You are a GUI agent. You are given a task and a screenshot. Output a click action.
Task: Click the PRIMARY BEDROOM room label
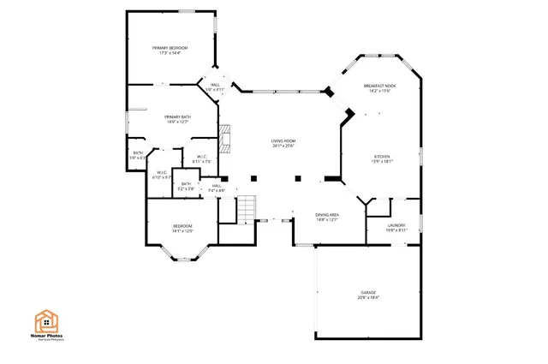pos(170,47)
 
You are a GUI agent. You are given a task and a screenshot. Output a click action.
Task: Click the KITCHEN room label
pos(381,157)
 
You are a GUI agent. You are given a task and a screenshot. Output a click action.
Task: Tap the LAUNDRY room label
pos(384,226)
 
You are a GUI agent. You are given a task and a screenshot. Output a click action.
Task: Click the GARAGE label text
pos(368,293)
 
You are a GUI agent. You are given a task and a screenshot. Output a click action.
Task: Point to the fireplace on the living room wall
pos(226,137)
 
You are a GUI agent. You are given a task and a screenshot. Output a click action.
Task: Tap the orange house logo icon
pos(47,320)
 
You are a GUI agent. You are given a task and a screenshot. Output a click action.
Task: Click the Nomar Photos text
pos(48,337)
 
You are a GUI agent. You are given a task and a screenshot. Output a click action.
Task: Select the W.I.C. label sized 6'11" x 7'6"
pos(201,157)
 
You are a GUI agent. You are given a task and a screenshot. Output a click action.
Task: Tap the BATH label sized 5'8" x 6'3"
pos(137,153)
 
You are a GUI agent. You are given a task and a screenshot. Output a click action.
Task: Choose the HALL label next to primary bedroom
pos(215,85)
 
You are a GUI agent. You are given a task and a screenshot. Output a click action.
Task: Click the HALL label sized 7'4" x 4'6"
pos(217,186)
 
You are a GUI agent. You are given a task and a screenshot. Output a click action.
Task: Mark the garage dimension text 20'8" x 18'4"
pos(368,298)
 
